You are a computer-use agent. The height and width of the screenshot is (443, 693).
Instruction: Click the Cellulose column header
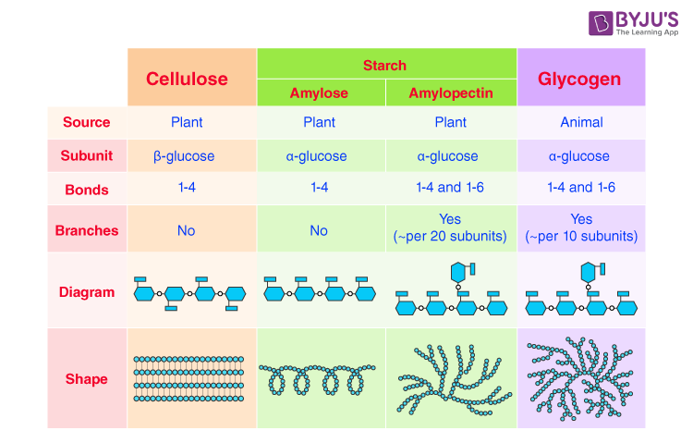(187, 79)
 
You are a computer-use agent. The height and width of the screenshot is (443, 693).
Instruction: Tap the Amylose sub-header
(319, 93)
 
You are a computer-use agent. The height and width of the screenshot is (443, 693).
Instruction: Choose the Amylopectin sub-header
(450, 93)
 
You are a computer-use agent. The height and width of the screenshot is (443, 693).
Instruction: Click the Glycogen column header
(580, 79)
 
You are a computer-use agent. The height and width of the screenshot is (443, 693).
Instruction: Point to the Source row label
(86, 122)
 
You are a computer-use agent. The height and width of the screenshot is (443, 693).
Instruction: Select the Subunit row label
(86, 156)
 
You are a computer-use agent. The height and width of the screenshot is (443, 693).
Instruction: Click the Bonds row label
(86, 190)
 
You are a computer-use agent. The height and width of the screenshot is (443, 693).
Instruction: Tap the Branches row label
(86, 230)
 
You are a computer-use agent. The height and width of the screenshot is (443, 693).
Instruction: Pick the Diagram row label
(86, 292)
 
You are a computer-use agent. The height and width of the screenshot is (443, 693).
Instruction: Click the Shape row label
(86, 379)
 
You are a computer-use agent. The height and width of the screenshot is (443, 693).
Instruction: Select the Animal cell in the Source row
(581, 122)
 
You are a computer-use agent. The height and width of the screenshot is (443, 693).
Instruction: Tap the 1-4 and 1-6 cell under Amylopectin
(450, 188)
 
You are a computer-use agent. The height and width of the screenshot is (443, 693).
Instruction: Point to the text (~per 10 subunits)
(581, 237)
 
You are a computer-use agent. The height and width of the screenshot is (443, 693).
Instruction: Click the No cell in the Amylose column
(319, 230)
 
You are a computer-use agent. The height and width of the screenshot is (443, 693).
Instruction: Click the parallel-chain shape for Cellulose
(189, 379)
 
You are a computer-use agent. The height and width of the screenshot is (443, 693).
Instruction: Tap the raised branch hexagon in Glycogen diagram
(587, 271)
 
